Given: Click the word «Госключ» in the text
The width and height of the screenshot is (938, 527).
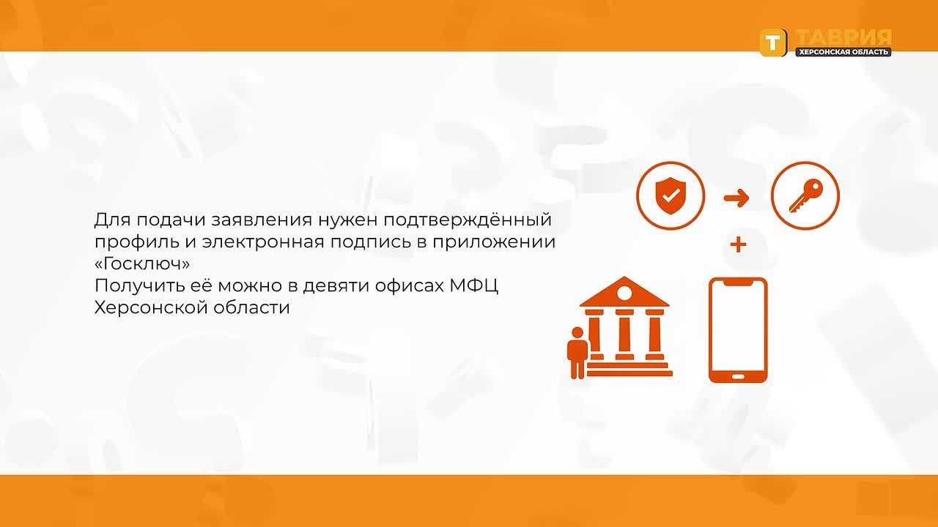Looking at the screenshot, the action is point(142,263).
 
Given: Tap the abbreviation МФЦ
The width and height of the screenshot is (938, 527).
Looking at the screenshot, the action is point(474,286).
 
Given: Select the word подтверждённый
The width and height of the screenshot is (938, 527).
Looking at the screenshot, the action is point(468,220).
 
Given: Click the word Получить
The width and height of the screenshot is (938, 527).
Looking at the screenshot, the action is point(140,286).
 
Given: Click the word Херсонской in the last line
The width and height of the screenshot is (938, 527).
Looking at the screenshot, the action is point(151,308).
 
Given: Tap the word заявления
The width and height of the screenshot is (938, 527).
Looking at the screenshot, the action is point(262,220).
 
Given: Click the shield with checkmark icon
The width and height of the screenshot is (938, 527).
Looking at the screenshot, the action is point(671,195).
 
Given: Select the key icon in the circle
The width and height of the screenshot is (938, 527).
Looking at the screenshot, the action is point(805,195).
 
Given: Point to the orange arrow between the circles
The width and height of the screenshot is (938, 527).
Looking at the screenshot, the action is point(736,198).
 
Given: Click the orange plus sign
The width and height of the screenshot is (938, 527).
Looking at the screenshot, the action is point(738,244).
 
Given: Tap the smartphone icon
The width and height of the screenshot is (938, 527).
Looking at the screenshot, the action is point(738,330).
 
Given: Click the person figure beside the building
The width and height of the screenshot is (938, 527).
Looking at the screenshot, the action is point(577,353).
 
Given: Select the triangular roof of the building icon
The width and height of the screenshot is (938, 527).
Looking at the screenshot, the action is point(624,292).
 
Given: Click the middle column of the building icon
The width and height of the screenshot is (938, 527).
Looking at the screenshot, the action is point(624,334).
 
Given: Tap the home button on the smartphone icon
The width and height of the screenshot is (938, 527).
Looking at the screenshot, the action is point(738,377).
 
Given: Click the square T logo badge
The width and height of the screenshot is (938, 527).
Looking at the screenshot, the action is point(773,42).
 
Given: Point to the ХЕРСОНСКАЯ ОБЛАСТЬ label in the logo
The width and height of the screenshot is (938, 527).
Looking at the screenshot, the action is point(843,52).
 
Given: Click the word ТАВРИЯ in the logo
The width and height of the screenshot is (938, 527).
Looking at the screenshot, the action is point(843,37).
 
